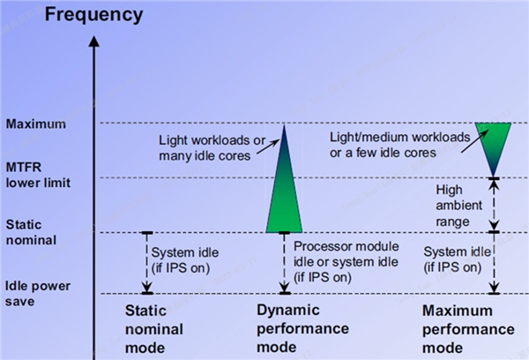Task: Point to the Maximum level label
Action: [x=35, y=124]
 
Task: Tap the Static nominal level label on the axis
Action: [x=30, y=232]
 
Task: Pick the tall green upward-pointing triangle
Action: [x=284, y=190]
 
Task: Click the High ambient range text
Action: [x=455, y=205]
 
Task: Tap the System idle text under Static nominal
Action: [x=185, y=260]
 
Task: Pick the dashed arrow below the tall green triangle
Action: [x=284, y=262]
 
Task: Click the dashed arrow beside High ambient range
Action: [x=495, y=205]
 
